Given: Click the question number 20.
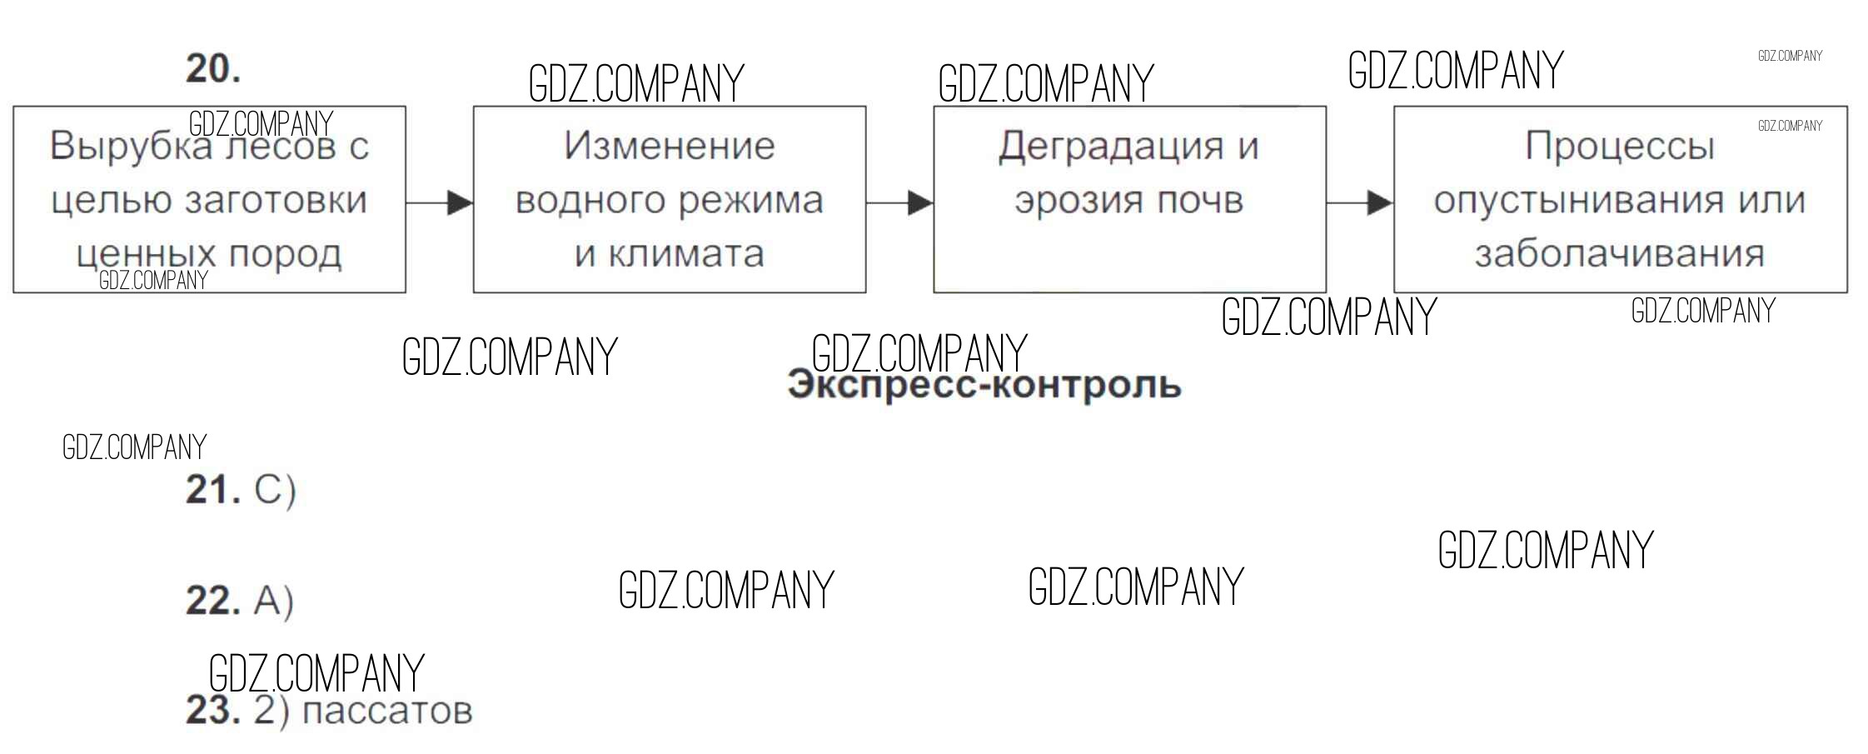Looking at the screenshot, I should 212,69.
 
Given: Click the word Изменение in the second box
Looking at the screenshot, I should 670,147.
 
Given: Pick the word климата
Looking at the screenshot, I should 685,254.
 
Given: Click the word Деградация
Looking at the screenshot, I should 1111,147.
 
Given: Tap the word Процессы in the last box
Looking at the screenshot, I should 1620,147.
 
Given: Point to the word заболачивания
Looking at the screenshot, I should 1620,254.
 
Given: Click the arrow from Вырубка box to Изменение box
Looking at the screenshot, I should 440,202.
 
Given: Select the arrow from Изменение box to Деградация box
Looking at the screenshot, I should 899,202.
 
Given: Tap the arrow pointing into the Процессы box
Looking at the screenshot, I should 1360,202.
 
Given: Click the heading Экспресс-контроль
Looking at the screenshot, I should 984,386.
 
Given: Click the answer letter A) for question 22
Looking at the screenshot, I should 273,601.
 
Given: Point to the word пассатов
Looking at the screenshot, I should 387,711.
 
